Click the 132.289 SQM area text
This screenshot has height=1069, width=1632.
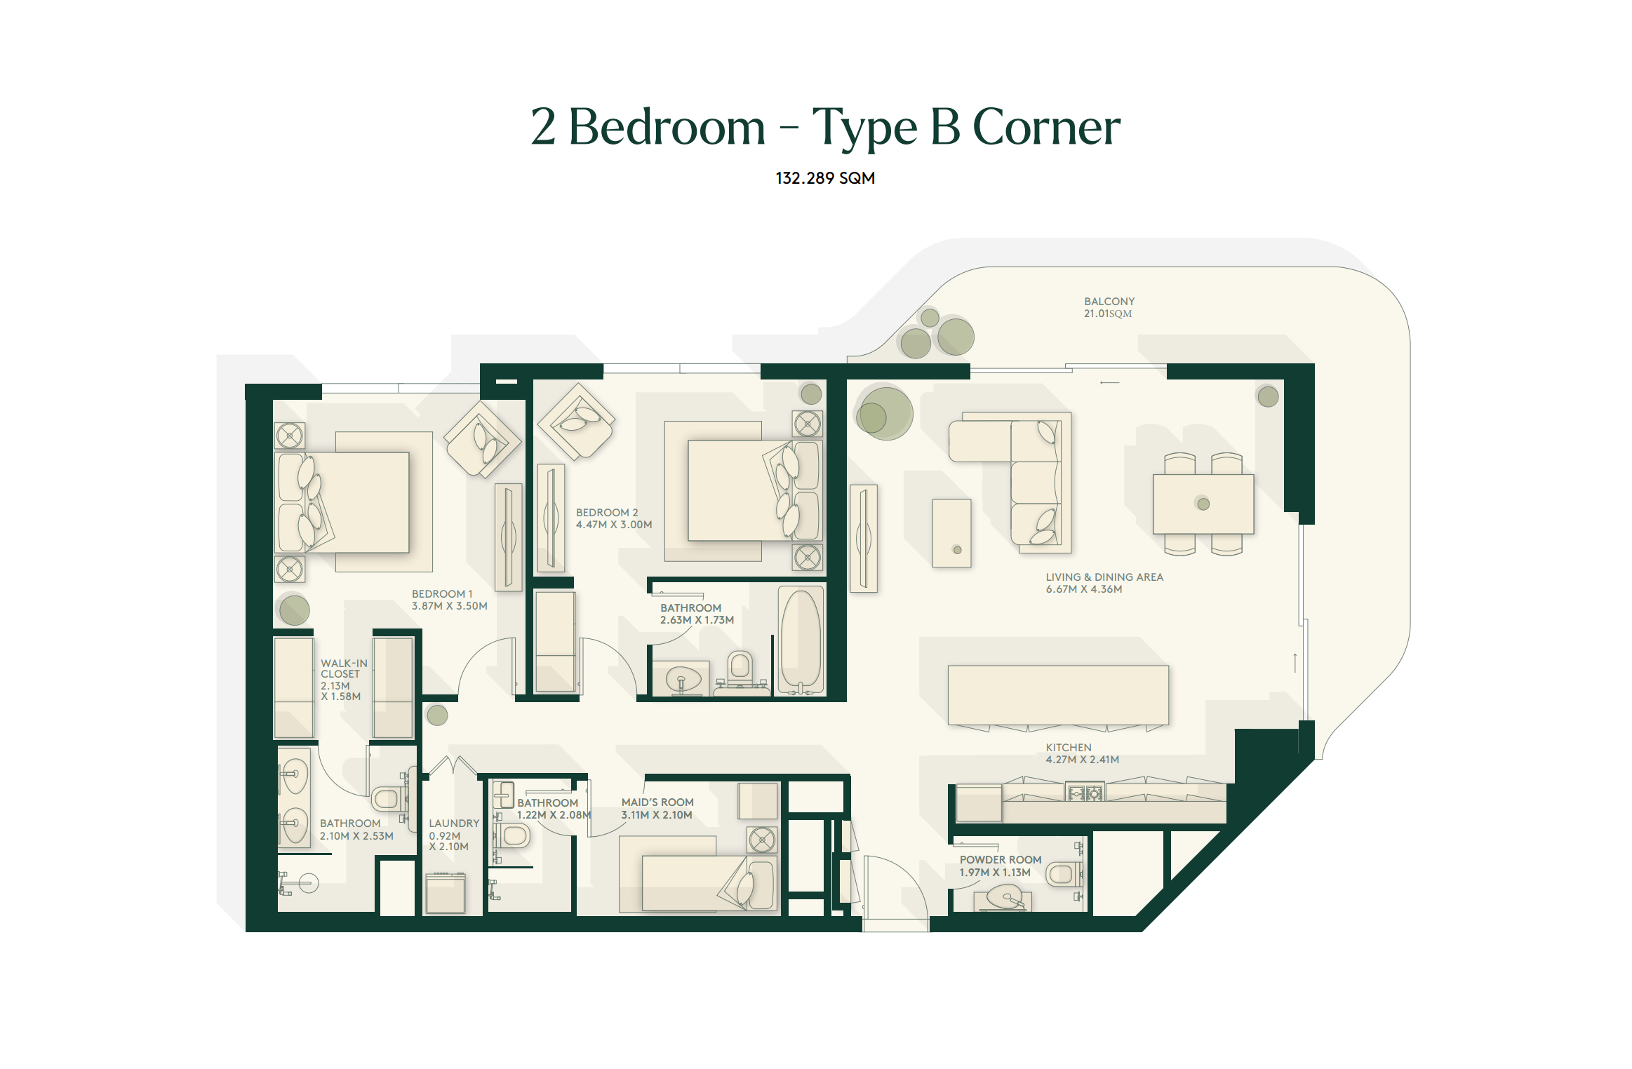[825, 178]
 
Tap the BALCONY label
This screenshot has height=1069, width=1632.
[1109, 302]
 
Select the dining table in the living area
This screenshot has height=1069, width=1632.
[1203, 504]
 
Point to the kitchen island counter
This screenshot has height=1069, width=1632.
[1058, 695]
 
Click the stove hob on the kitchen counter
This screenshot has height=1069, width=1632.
[1085, 793]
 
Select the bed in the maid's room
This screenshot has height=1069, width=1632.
[709, 882]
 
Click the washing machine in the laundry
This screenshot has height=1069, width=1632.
[446, 893]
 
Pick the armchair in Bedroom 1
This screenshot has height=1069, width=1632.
[483, 438]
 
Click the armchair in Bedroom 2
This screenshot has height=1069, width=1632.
[576, 421]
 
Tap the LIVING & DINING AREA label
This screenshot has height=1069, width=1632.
[1104, 577]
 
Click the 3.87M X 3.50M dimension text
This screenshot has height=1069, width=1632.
[449, 606]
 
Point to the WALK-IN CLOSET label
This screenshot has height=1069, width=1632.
[344, 668]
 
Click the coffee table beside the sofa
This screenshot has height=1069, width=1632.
[951, 533]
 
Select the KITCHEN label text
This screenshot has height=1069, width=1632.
[1069, 748]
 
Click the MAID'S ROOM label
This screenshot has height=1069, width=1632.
[657, 802]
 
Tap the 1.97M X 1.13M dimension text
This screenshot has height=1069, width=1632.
[995, 873]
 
